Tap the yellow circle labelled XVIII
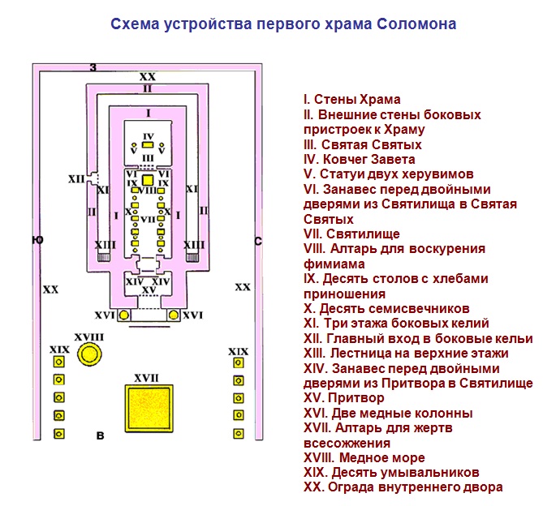[90, 354]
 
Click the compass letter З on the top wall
[93, 66]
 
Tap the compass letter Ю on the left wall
[37, 240]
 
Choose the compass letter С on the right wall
[258, 240]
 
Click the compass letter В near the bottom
[100, 437]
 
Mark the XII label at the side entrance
[77, 179]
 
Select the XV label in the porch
[148, 290]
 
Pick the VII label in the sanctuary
[148, 219]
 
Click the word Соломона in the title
[417, 24]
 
